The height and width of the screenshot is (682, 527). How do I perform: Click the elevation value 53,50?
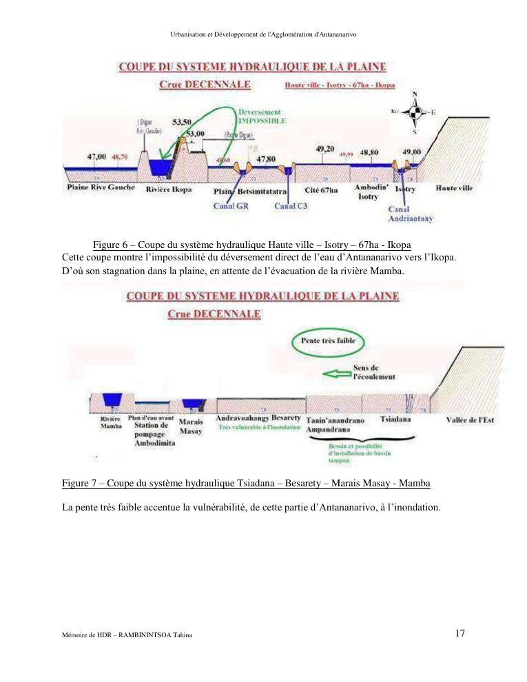point(182,122)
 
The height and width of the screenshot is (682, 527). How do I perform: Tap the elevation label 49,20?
point(324,149)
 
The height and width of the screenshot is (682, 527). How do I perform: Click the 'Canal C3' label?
point(290,205)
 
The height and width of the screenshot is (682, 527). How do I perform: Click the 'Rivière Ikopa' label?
point(169,189)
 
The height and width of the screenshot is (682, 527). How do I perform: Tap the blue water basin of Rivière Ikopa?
point(160,167)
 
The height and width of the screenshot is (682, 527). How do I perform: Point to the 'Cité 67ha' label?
point(321,189)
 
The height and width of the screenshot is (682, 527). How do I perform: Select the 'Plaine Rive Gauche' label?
point(101,187)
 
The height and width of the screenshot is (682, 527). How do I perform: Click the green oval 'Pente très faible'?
point(328,340)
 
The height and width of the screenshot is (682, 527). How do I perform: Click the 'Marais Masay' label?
point(190,426)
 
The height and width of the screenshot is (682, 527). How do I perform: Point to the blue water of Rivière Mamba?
point(111,400)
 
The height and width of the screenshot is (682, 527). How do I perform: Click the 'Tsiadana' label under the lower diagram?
point(395,418)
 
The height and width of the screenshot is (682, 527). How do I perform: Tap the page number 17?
point(459,633)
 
